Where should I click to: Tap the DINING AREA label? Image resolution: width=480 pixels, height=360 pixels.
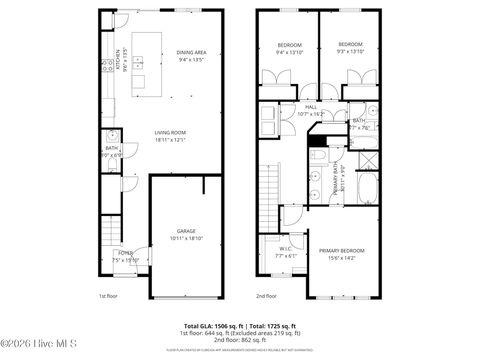pyautogui.click(x=191, y=52)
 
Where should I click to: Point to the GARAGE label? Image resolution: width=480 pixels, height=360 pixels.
pyautogui.click(x=187, y=233)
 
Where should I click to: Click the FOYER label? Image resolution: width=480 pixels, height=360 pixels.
pyautogui.click(x=125, y=254)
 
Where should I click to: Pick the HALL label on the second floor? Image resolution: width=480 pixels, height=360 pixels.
pyautogui.click(x=310, y=108)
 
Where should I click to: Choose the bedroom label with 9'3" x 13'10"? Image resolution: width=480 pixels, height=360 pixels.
pyautogui.click(x=350, y=45)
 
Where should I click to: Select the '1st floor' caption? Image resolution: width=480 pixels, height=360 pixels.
pyautogui.click(x=109, y=296)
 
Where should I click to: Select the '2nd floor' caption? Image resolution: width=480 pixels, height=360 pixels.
pyautogui.click(x=266, y=296)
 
